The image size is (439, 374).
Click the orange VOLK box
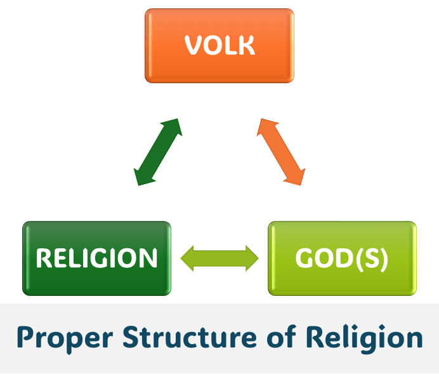pos(219,46)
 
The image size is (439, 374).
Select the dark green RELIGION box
pos(96,258)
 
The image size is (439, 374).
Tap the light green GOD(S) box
pos(342,258)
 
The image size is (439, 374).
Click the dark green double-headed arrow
pos(158,152)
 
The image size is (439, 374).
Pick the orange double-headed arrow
pos(281,152)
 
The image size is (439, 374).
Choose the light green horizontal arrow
pos(219,258)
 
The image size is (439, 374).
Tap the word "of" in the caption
pos(282,336)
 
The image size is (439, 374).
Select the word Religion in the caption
pos(364,338)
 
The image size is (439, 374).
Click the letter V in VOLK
pos(193,45)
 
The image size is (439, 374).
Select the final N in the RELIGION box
pos(148,258)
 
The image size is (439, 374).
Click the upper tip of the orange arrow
pos(261,119)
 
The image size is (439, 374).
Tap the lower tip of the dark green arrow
pos(138,185)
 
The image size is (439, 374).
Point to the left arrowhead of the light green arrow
pos(187,258)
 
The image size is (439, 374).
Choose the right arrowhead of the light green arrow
pos(252,258)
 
